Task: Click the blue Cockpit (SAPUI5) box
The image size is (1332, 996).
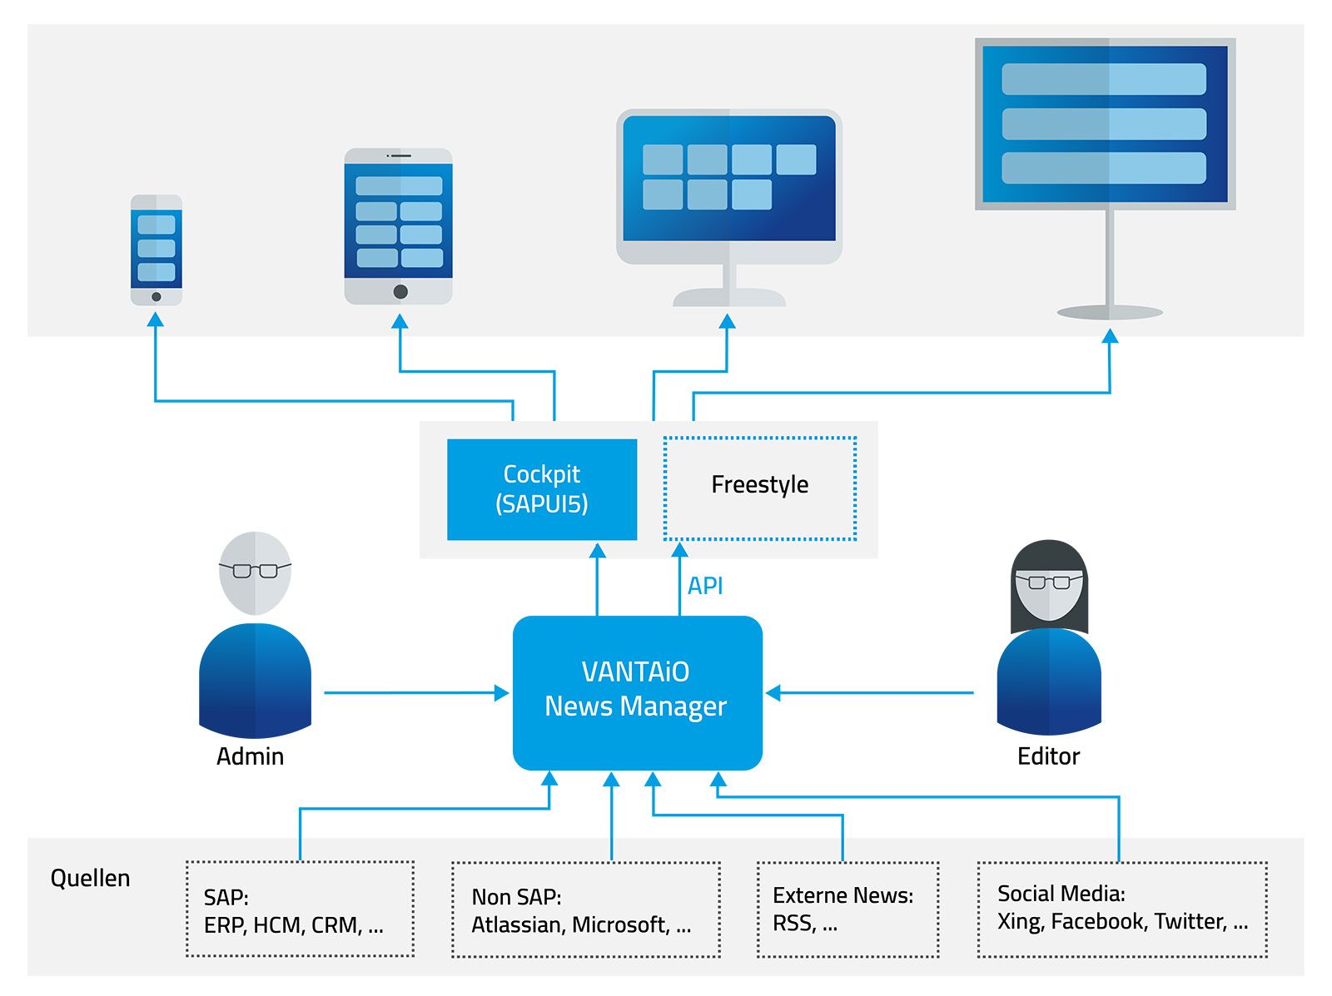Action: click(x=542, y=489)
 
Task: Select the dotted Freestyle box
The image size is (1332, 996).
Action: click(x=759, y=488)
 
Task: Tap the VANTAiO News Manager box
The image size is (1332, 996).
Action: click(x=637, y=691)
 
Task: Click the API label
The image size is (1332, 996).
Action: click(x=705, y=586)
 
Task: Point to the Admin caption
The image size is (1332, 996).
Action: click(x=250, y=756)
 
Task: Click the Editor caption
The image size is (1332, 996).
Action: click(x=1048, y=756)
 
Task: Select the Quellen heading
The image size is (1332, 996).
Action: click(x=90, y=878)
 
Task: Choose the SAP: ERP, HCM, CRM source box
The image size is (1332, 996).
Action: click(x=300, y=909)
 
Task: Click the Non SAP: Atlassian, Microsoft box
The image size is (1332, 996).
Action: click(x=585, y=909)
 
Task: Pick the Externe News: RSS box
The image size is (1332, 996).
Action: click(x=847, y=909)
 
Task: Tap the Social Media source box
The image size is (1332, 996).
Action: click(x=1121, y=909)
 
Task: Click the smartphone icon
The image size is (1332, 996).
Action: click(x=157, y=250)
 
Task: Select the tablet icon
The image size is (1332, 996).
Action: click(x=399, y=226)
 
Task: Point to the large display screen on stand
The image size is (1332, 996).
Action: click(x=1105, y=125)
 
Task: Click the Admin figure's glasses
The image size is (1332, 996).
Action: click(x=255, y=571)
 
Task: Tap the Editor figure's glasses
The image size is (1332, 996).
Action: click(x=1049, y=582)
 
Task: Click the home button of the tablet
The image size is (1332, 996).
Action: click(x=400, y=291)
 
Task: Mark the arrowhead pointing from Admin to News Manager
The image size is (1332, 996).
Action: click(x=501, y=692)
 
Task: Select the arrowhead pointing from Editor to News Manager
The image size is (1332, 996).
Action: click(x=773, y=692)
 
